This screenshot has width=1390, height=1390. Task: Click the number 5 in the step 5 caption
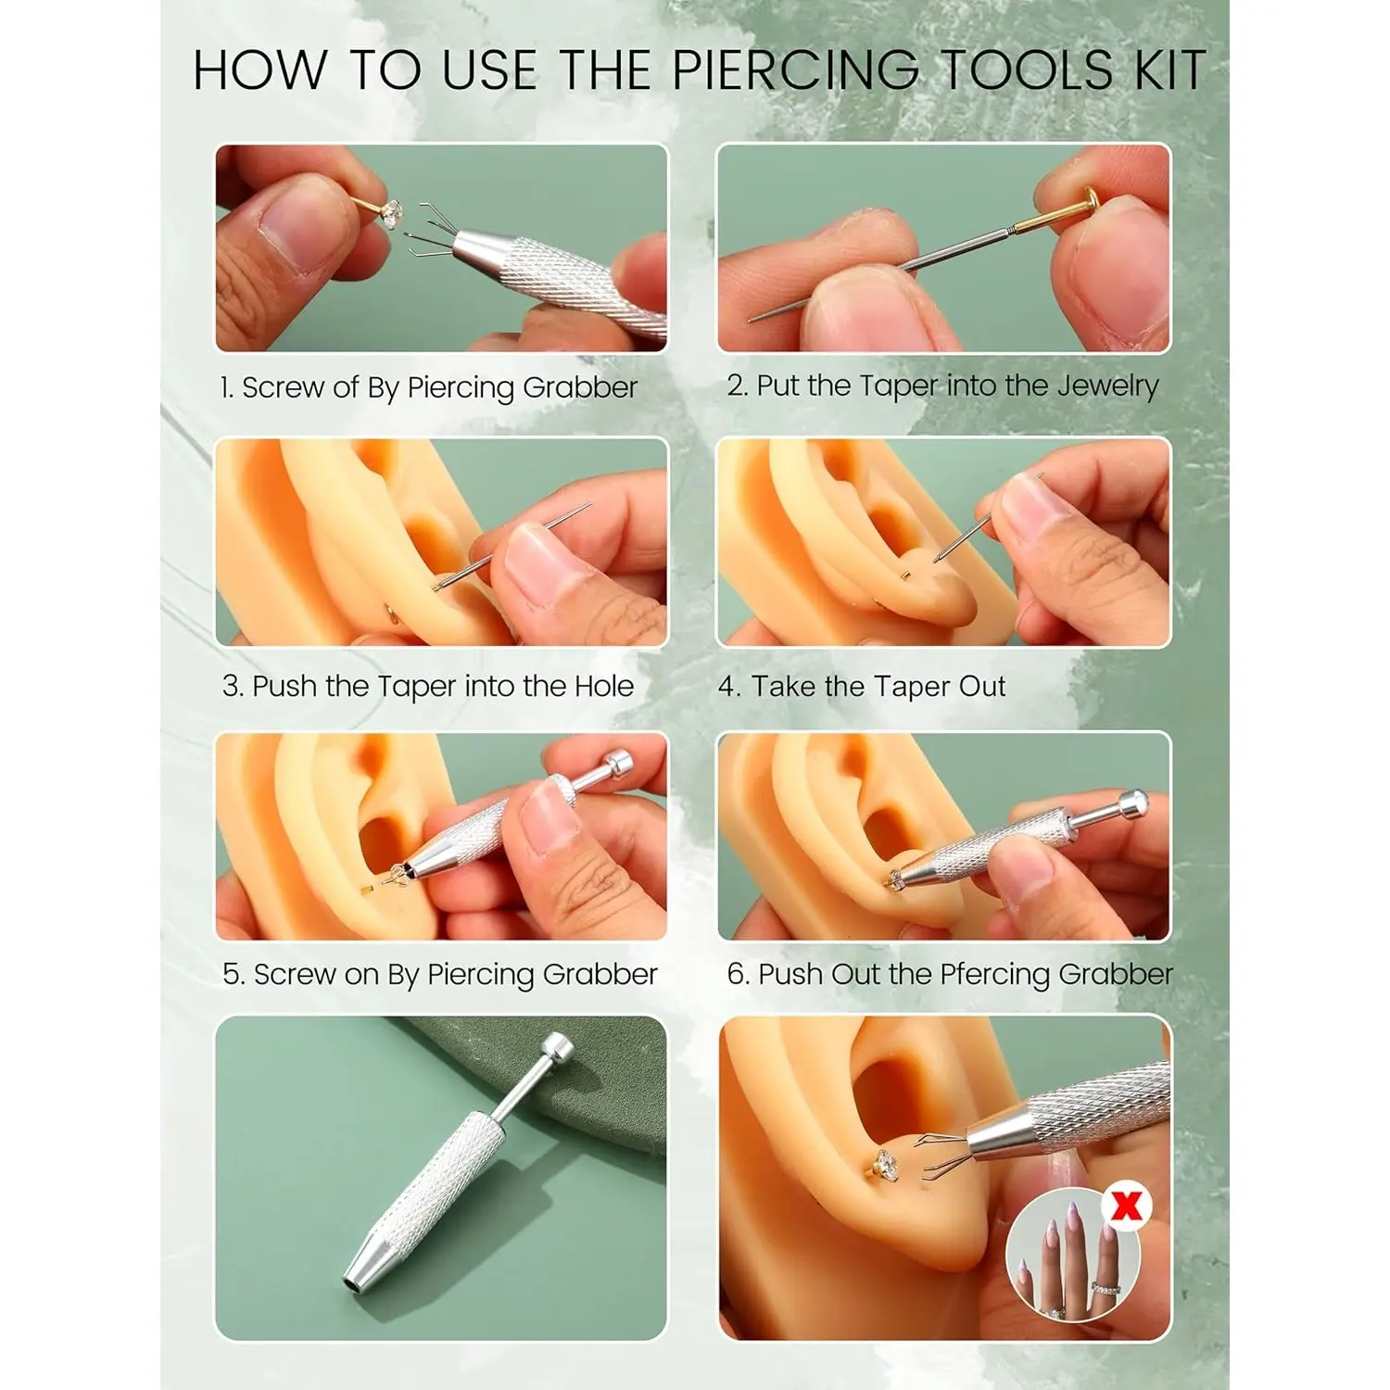tap(233, 975)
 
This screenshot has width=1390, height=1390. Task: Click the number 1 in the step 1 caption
tap(226, 387)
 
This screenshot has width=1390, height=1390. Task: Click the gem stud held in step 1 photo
tap(392, 214)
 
